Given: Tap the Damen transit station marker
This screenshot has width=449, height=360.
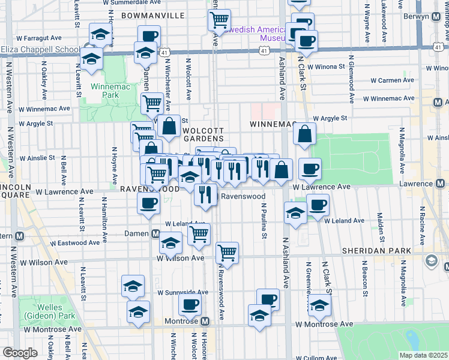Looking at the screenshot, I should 155,233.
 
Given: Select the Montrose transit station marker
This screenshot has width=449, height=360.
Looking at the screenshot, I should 205,322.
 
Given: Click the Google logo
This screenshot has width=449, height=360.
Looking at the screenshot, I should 20,353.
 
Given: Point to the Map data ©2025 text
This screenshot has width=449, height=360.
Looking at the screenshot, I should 423,355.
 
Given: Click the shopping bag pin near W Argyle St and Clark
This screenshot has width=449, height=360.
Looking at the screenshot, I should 305,135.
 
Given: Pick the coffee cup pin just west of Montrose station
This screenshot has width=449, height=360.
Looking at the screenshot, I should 190,305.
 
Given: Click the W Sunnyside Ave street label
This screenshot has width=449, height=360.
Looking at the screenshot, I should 183,293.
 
